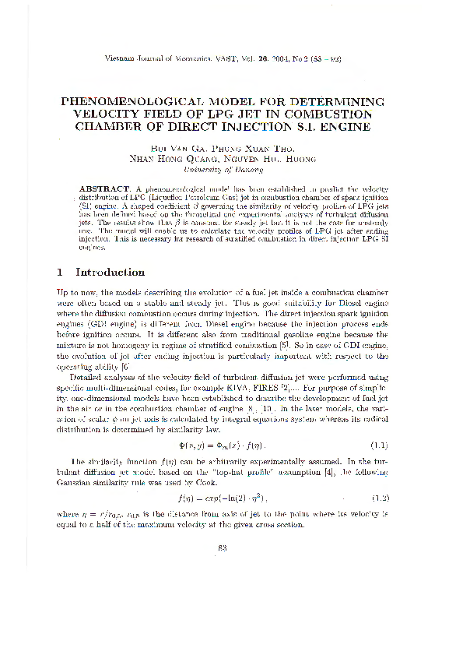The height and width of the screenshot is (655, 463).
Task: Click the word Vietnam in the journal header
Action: point(120,60)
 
